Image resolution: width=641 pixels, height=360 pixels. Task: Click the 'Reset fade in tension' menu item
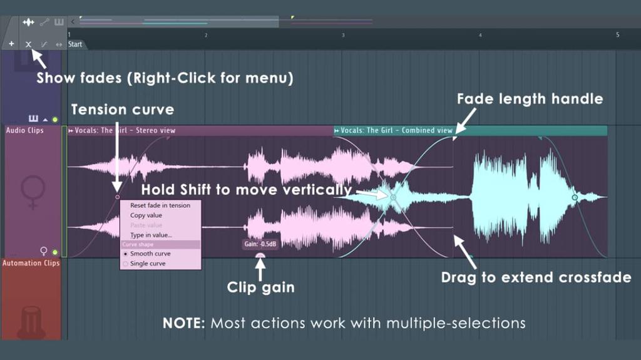click(160, 205)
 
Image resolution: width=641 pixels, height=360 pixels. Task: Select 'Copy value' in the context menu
click(146, 215)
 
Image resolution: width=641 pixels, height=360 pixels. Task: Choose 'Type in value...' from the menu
click(151, 235)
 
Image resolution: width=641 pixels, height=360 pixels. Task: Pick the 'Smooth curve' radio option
click(150, 254)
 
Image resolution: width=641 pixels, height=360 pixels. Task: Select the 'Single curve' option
click(148, 264)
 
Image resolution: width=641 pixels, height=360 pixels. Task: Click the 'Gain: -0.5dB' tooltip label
click(260, 244)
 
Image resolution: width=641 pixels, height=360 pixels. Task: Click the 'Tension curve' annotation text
click(123, 110)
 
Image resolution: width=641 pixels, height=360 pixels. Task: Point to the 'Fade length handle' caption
click(530, 99)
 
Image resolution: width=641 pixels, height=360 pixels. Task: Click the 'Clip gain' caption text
click(260, 288)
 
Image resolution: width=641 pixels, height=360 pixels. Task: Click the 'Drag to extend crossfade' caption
click(536, 277)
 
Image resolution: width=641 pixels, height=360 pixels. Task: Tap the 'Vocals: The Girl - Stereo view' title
click(125, 130)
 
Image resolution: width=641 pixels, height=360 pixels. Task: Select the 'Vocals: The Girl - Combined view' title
click(396, 130)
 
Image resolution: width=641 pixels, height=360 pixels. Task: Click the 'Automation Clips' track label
click(31, 263)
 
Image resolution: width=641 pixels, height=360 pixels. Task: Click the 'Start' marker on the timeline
click(75, 44)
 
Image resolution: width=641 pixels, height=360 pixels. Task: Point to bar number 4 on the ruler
click(480, 35)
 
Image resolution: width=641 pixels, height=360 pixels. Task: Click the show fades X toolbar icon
click(28, 44)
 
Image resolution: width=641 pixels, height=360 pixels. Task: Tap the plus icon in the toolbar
click(11, 44)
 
